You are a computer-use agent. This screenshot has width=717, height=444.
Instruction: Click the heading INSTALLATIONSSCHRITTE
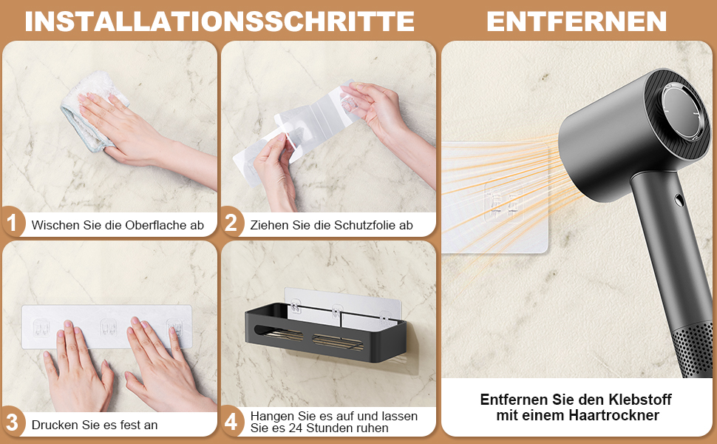click(x=220, y=21)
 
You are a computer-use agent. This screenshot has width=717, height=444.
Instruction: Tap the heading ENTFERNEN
click(x=577, y=21)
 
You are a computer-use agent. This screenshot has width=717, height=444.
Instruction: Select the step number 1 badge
click(x=13, y=223)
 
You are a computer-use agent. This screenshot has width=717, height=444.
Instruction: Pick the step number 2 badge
click(x=231, y=223)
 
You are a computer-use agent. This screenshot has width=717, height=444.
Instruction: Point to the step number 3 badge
click(x=13, y=423)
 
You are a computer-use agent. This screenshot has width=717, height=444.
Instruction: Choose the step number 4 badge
click(x=231, y=422)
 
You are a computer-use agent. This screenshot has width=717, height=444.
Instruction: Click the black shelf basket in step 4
click(x=325, y=332)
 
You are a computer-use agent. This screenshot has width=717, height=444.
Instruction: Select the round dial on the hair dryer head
click(x=681, y=112)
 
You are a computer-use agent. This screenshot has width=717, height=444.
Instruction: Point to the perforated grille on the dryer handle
click(x=696, y=349)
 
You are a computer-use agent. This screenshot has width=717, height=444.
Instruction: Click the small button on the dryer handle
click(x=679, y=200)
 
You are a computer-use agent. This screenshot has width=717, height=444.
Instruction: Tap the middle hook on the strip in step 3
click(x=108, y=327)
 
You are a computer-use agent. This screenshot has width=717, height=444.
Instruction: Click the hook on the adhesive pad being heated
click(x=504, y=202)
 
